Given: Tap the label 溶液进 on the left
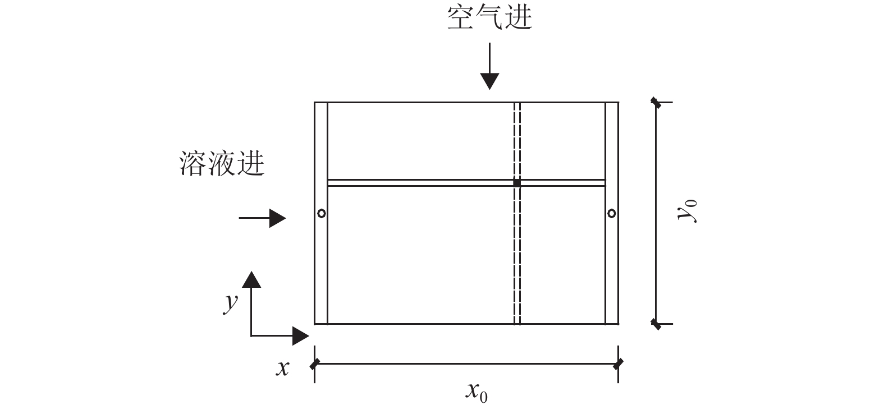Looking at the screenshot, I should point(222,163).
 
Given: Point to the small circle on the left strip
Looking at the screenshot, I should point(321,213).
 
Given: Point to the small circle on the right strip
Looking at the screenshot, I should point(612,213).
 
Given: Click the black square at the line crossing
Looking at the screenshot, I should point(517,183).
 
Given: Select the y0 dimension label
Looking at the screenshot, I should point(687,213).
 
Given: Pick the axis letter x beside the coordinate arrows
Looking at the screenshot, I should point(283,368).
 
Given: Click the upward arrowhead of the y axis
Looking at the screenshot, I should point(251,279).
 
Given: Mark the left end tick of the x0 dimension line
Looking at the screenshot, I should point(315,364).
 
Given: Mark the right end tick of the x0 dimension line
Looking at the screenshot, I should point(618,364).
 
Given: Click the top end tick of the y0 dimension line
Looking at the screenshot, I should point(656,103).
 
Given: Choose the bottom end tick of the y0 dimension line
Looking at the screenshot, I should point(656,324).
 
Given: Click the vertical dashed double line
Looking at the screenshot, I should point(517,252).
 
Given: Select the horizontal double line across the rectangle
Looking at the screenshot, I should point(421,183).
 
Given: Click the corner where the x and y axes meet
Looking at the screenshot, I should point(251,336).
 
